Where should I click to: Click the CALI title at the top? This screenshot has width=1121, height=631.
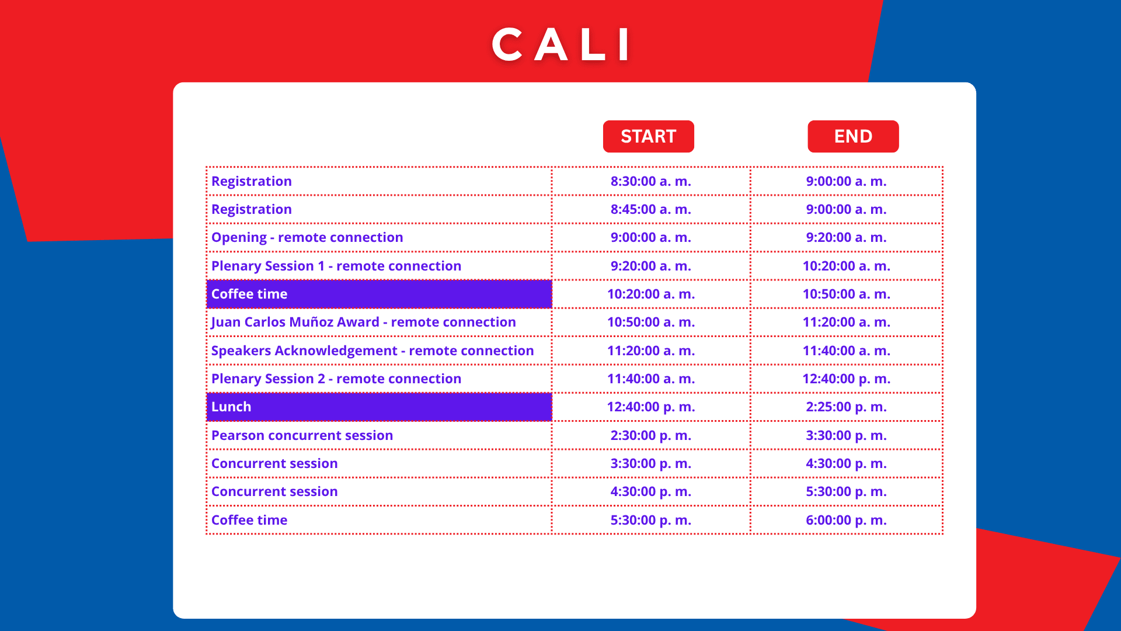(x=561, y=44)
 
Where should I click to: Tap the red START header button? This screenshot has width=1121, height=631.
(x=648, y=136)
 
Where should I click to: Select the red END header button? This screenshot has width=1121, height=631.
(x=853, y=136)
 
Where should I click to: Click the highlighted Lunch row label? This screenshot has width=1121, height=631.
(x=231, y=407)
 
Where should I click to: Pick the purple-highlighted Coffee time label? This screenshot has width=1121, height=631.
(x=249, y=294)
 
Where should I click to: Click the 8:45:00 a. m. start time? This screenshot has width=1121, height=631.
(x=651, y=209)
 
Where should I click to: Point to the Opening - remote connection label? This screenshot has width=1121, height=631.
(x=307, y=237)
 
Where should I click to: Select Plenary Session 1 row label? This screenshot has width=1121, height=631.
(x=336, y=266)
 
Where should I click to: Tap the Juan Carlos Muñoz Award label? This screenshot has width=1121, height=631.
(x=364, y=322)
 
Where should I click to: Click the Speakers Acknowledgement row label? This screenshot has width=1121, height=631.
(x=372, y=351)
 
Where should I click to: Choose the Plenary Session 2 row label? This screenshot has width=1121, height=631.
(x=336, y=379)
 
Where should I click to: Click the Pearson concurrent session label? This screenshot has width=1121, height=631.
(x=302, y=435)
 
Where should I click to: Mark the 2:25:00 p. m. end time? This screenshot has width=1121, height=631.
(x=847, y=407)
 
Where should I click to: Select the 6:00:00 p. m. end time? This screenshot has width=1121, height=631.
(x=847, y=520)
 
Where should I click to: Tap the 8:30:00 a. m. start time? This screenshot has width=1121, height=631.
(x=651, y=181)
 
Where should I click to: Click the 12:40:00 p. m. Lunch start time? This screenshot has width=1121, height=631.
(x=651, y=407)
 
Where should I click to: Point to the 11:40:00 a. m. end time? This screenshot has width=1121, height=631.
(x=847, y=351)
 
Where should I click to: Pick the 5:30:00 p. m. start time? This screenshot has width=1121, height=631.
(x=651, y=520)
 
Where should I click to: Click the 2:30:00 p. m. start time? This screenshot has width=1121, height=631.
(x=651, y=435)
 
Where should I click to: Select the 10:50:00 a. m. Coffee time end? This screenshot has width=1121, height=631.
(x=847, y=294)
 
